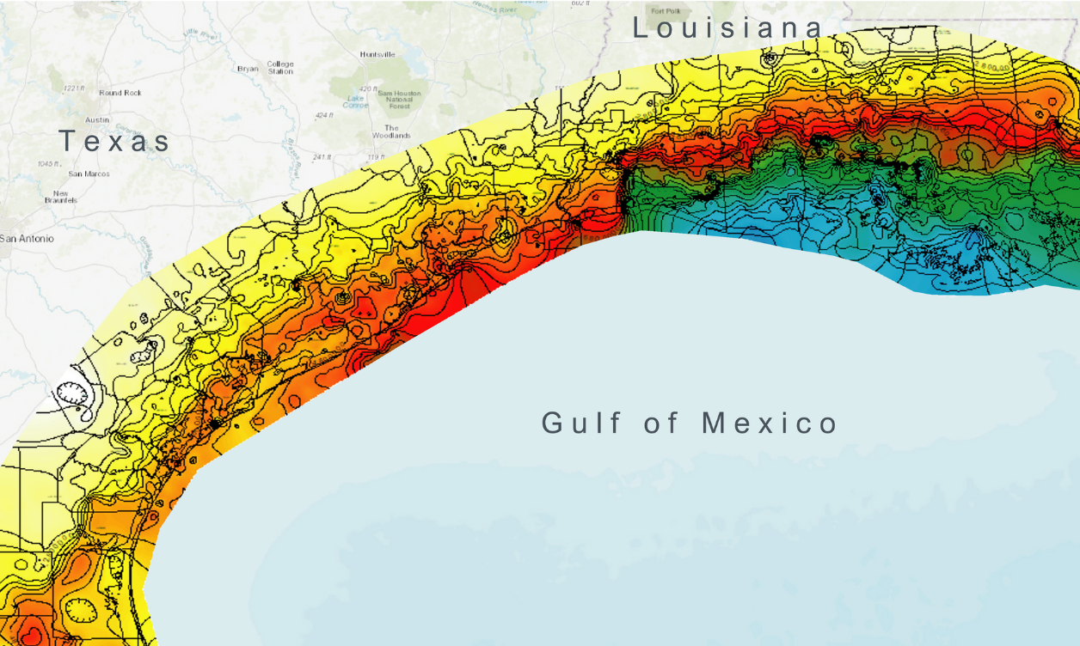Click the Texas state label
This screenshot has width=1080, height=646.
point(115,141)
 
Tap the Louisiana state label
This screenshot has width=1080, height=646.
point(727,28)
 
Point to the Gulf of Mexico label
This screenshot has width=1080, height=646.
point(690,423)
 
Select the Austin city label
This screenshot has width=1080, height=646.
point(97,120)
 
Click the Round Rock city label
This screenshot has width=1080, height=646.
point(120,93)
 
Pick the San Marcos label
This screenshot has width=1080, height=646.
point(89,174)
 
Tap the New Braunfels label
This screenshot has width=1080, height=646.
point(61,197)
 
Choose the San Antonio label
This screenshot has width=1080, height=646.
point(26,238)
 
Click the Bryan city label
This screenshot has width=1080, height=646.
point(248,68)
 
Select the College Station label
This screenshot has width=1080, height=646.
point(280,68)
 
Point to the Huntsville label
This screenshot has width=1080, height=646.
point(377,54)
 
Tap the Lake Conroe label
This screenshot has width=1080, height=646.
point(355,101)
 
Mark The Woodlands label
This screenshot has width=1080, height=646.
point(391,131)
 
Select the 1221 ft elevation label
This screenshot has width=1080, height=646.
point(73,88)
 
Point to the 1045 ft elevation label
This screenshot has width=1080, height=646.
point(49,163)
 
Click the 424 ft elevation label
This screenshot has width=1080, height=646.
point(323,115)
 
